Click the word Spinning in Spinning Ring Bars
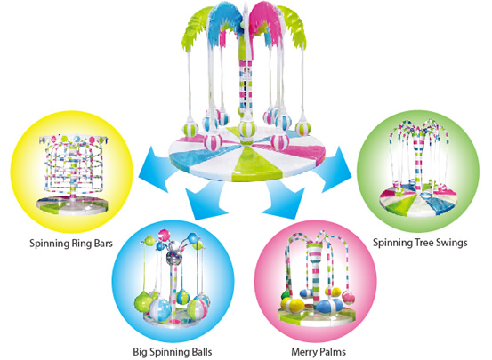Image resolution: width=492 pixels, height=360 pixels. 49,244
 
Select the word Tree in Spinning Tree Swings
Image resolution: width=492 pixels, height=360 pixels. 427,243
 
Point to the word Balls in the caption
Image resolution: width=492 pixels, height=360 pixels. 200,351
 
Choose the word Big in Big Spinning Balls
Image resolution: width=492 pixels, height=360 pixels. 141,352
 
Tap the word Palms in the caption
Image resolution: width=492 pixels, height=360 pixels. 333,351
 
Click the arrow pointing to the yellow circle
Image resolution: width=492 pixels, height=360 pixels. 156,170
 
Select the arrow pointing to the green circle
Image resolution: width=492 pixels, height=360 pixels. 335,170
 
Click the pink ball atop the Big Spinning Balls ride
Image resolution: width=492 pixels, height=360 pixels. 164,236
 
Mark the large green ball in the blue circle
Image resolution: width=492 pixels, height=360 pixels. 143,301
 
